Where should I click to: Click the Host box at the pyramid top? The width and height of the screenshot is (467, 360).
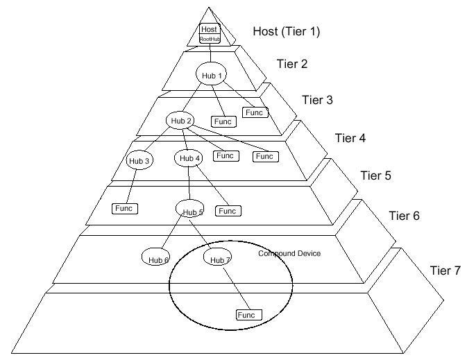pyautogui.click(x=209, y=29)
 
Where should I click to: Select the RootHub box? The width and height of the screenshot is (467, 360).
pyautogui.click(x=209, y=39)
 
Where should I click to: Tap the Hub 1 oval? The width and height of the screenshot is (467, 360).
pyautogui.click(x=212, y=75)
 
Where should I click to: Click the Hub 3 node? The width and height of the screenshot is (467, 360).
pyautogui.click(x=139, y=160)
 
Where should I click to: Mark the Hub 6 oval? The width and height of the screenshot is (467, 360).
pyautogui.click(x=155, y=257)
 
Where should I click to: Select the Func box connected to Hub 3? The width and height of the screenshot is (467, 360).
pyautogui.click(x=124, y=207)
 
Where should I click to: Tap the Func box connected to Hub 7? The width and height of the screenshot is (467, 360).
pyautogui.click(x=247, y=315)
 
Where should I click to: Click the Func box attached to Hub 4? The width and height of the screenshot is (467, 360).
pyautogui.click(x=228, y=210)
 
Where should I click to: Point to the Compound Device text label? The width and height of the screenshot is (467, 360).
pyautogui.click(x=289, y=254)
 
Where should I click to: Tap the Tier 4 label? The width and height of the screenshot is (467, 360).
pyautogui.click(x=350, y=137)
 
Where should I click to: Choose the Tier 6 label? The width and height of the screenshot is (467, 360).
pyautogui.click(x=404, y=216)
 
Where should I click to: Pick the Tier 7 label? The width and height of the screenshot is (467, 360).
pyautogui.click(x=445, y=270)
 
